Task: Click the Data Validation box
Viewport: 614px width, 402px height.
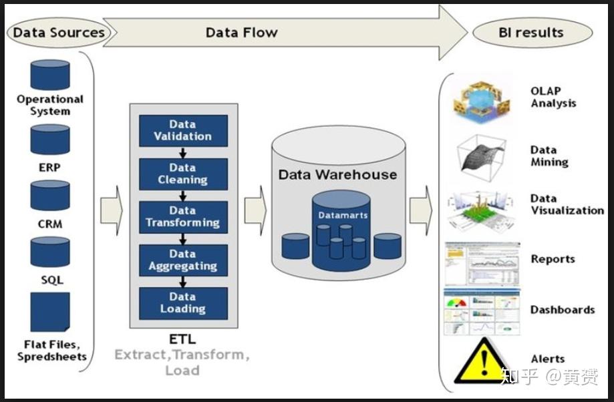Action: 183,130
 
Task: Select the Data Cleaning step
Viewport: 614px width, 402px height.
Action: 183,174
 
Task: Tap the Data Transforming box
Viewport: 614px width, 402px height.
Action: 183,216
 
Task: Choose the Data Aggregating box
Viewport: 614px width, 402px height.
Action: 183,260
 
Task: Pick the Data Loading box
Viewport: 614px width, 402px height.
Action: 183,303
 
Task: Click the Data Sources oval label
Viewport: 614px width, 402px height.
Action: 59,32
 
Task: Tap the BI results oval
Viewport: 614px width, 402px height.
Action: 532,32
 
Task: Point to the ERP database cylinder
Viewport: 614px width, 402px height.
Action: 50,139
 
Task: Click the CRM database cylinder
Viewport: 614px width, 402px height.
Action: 50,195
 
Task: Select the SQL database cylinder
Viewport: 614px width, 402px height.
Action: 50,252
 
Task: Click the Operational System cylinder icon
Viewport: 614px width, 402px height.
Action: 50,74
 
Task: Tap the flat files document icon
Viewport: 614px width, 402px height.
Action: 50,312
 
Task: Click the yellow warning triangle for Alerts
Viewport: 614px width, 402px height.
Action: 482,363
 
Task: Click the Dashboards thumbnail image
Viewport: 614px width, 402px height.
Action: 482,311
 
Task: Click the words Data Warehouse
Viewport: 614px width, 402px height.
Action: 337,175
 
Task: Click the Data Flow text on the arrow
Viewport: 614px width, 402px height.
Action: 241,32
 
